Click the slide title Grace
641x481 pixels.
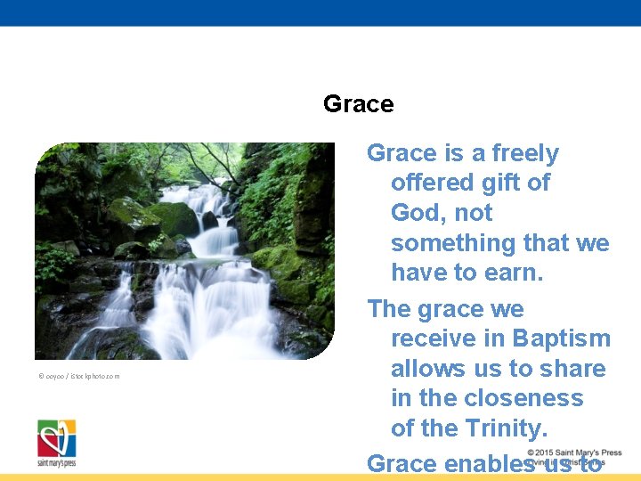coord(358,104)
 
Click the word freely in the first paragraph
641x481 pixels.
coord(523,153)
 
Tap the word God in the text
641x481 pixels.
coord(415,213)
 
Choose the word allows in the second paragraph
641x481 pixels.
coord(427,369)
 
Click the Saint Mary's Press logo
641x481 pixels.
coord(56,443)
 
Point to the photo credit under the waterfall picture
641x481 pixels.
coord(78,376)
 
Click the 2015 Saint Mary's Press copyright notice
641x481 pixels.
coord(573,452)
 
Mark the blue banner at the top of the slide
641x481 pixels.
coord(320,12)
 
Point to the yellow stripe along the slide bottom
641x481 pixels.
coord(320,477)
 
